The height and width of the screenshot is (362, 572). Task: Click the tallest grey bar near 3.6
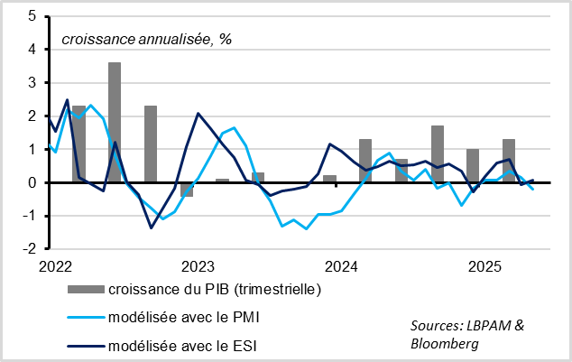coord(115,122)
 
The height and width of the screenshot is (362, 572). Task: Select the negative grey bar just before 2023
coord(187,190)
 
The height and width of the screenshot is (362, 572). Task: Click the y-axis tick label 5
coord(32,16)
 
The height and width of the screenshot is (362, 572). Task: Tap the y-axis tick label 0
coord(32,182)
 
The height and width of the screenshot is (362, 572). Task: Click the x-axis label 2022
coord(55,266)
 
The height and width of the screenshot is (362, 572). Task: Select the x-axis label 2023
coord(198,266)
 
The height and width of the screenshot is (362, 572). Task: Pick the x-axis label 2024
coord(342,266)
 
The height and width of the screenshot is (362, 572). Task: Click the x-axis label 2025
coord(485,266)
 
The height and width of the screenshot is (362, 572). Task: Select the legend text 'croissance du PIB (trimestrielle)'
coord(214,290)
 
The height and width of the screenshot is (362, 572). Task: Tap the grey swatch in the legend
coord(85,290)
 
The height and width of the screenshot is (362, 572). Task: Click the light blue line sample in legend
coord(85,319)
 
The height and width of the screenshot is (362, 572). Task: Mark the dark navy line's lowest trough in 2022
coord(151,227)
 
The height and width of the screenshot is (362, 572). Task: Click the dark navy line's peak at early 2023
coord(198,114)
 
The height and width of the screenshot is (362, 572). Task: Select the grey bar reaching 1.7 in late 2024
coord(438,153)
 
